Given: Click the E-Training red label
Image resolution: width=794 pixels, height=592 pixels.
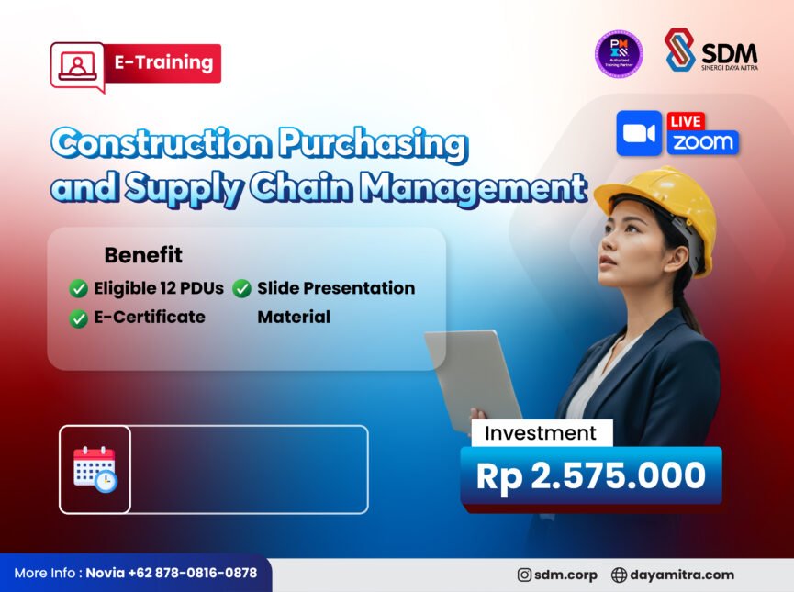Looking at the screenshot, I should pyautogui.click(x=163, y=63).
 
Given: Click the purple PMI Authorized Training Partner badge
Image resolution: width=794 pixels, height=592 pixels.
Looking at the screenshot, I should pyautogui.click(x=619, y=53).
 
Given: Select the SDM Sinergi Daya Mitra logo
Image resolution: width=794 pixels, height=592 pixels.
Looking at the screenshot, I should pyautogui.click(x=710, y=50).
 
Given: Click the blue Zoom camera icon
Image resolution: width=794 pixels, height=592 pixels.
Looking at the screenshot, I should pyautogui.click(x=639, y=134).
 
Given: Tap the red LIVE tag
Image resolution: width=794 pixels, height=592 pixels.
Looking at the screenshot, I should pyautogui.click(x=687, y=121).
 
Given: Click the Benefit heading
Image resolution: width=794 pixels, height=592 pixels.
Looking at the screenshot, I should pyautogui.click(x=143, y=255).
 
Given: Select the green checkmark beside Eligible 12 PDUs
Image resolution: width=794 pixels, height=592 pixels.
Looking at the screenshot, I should pyautogui.click(x=79, y=289).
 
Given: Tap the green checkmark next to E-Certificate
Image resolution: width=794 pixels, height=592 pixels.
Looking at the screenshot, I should pyautogui.click(x=79, y=318).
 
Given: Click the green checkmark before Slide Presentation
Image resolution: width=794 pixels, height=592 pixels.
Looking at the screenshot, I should pyautogui.click(x=242, y=289).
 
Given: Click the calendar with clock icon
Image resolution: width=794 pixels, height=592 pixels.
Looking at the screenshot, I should pyautogui.click(x=95, y=469).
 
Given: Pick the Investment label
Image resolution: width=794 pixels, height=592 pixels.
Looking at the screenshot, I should pyautogui.click(x=541, y=433).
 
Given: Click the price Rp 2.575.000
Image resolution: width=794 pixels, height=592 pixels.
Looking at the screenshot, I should pyautogui.click(x=590, y=475).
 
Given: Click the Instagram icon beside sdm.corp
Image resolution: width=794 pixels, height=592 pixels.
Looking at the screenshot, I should pyautogui.click(x=524, y=575).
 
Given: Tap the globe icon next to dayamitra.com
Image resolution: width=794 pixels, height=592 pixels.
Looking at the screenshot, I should pyautogui.click(x=619, y=575).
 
